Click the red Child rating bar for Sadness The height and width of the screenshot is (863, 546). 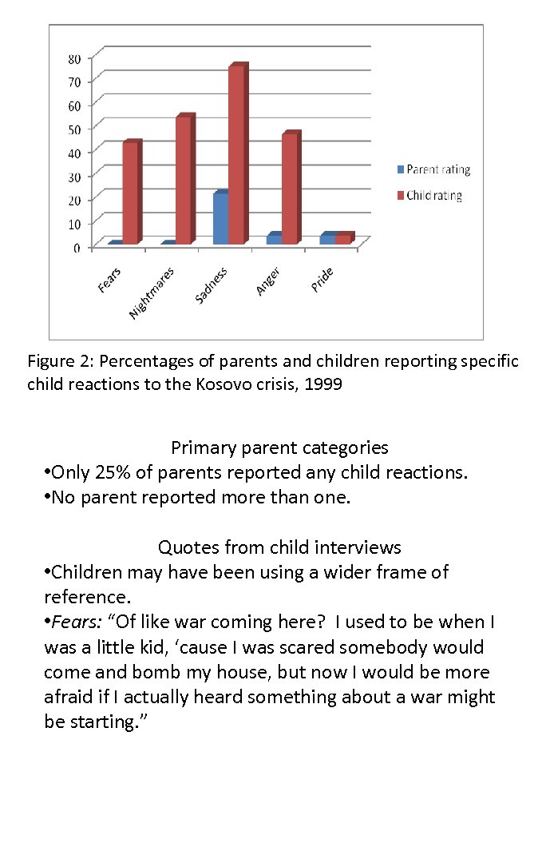236,155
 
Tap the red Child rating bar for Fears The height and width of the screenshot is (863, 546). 130,193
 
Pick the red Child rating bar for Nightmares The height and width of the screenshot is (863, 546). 184,181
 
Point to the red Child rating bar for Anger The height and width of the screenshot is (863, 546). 290,189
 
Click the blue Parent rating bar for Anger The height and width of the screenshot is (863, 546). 274,238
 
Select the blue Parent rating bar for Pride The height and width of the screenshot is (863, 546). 327,238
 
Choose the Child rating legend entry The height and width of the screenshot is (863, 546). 433,195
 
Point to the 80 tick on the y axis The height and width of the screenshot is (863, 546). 73,58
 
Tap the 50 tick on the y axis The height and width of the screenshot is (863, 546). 73,128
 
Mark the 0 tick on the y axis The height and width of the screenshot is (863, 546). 77,248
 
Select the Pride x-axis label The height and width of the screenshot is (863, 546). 322,279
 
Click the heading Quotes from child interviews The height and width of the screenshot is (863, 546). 279,547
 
